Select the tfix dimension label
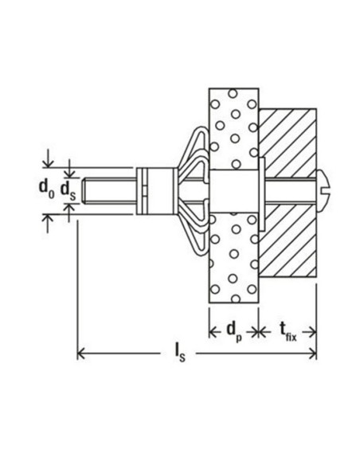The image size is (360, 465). [x=288, y=329]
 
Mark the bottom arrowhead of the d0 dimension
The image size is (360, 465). [x=49, y=216]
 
